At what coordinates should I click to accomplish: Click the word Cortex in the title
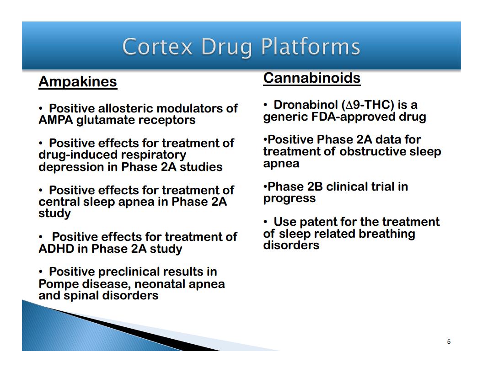157,47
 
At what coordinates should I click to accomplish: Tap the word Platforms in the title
311,47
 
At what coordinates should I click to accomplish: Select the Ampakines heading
78,82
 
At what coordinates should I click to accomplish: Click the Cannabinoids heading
312,78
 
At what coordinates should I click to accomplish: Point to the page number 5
449,341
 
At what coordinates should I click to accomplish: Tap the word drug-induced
78,155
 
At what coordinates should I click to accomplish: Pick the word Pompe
59,284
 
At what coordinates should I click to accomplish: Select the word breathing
387,234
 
